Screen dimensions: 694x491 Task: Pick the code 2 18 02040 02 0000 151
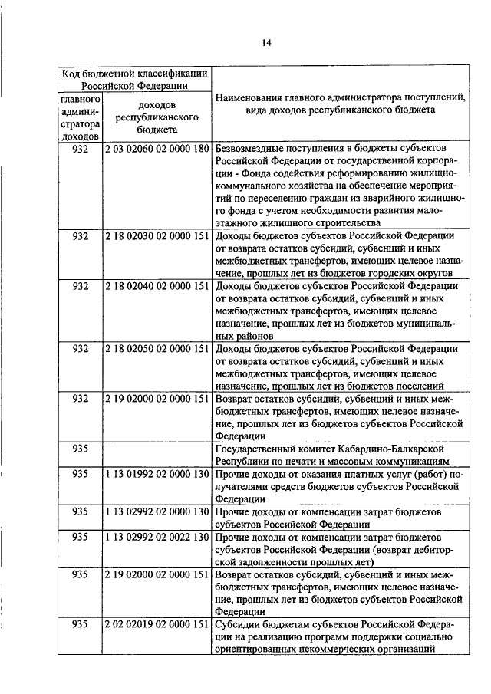157,286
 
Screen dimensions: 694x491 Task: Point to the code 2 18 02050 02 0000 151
157,348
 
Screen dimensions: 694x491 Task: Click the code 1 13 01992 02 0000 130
157,473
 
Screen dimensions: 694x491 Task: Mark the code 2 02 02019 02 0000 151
157,624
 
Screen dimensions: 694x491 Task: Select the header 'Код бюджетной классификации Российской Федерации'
135,79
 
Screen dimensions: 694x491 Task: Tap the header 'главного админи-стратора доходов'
81,117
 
